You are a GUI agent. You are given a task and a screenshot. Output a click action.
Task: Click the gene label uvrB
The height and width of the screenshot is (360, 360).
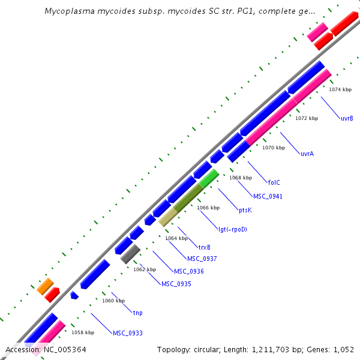click(347, 118)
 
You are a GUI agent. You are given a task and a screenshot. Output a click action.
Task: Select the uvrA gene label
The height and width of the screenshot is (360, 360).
click(307, 154)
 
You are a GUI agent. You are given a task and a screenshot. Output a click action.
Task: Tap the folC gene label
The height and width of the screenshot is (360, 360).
click(274, 182)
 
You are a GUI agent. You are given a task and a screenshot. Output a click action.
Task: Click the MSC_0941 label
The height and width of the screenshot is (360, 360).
click(268, 196)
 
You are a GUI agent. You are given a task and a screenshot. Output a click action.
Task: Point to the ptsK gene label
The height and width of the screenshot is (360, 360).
click(245, 210)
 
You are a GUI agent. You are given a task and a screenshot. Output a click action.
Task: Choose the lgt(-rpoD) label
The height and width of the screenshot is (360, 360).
click(232, 229)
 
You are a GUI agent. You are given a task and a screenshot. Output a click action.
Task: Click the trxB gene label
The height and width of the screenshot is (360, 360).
click(204, 247)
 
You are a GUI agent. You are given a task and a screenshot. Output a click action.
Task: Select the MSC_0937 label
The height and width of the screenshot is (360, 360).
click(202, 259)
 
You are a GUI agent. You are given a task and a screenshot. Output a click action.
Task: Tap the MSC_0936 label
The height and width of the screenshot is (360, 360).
click(188, 271)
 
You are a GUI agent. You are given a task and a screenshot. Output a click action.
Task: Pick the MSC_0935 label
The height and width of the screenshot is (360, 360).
click(176, 284)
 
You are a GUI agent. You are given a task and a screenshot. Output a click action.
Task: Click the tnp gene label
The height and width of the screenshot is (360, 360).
click(137, 313)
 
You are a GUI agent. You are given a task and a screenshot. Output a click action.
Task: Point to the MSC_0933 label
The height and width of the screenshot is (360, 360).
click(128, 332)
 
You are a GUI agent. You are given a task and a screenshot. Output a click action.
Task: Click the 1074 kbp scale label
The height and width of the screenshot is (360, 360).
click(340, 89)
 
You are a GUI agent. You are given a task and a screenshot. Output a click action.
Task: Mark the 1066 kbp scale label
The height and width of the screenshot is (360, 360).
click(209, 208)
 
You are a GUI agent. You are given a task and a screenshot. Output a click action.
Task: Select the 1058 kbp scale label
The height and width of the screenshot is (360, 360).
click(83, 332)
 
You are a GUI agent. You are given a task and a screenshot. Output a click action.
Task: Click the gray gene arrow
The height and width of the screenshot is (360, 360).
click(130, 254)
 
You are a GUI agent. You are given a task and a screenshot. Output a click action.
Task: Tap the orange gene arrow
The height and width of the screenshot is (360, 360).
click(45, 286)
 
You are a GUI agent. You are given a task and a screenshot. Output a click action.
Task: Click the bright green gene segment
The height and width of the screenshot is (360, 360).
click(209, 179)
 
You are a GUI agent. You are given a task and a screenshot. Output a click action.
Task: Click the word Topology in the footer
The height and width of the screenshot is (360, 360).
click(174, 349)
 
